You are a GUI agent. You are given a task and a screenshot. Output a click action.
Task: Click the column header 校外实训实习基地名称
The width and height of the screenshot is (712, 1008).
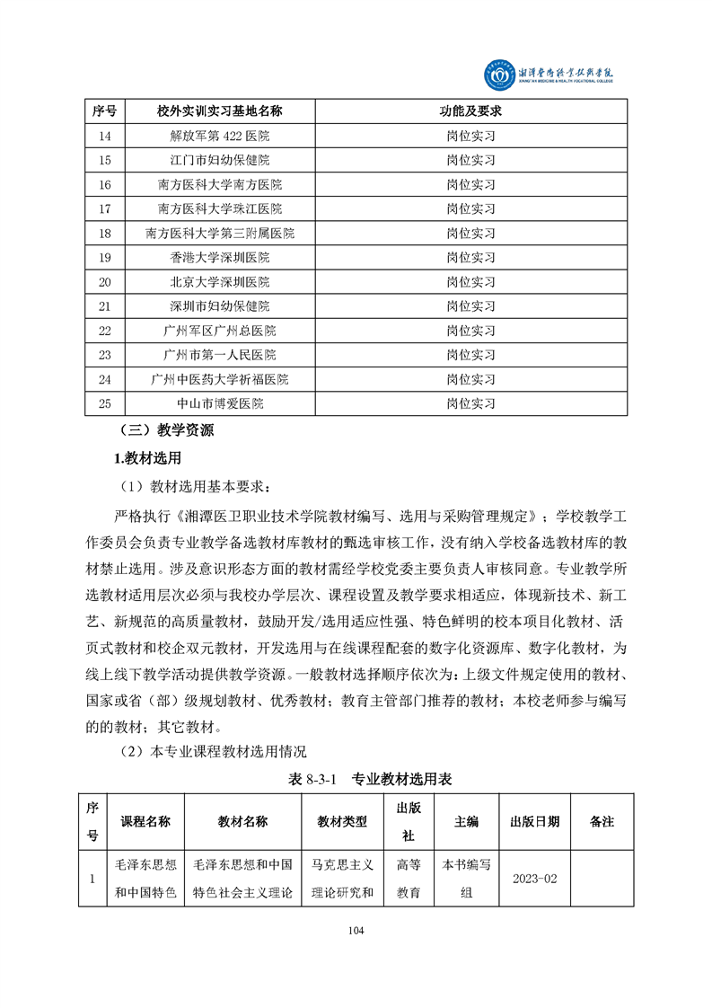219,111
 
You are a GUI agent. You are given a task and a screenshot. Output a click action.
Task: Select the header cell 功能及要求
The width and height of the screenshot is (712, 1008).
470,111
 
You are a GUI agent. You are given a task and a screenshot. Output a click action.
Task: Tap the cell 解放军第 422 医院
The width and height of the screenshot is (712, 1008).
219,137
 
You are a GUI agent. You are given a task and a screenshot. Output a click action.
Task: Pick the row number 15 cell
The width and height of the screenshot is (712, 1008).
105,160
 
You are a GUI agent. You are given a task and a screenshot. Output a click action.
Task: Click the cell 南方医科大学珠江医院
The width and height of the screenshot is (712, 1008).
219,208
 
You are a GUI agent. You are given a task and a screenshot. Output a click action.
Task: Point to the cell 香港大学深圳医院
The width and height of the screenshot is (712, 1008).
219,257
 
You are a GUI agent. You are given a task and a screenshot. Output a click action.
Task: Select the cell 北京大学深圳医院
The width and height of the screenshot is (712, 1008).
219,281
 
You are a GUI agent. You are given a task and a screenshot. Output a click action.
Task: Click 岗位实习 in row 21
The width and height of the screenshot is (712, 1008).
470,305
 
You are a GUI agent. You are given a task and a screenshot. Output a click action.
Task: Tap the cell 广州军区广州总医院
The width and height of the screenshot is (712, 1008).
219,330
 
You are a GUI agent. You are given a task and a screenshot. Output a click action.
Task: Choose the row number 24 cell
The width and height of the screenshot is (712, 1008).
105,378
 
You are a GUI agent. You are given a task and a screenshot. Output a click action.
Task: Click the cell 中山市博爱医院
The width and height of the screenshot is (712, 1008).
219,403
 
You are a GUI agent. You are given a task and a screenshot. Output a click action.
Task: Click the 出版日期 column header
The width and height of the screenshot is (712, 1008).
534,821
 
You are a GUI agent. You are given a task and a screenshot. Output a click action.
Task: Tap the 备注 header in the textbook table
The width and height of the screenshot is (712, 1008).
602,821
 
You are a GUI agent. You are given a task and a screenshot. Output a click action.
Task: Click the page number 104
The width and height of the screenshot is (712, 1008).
356,930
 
